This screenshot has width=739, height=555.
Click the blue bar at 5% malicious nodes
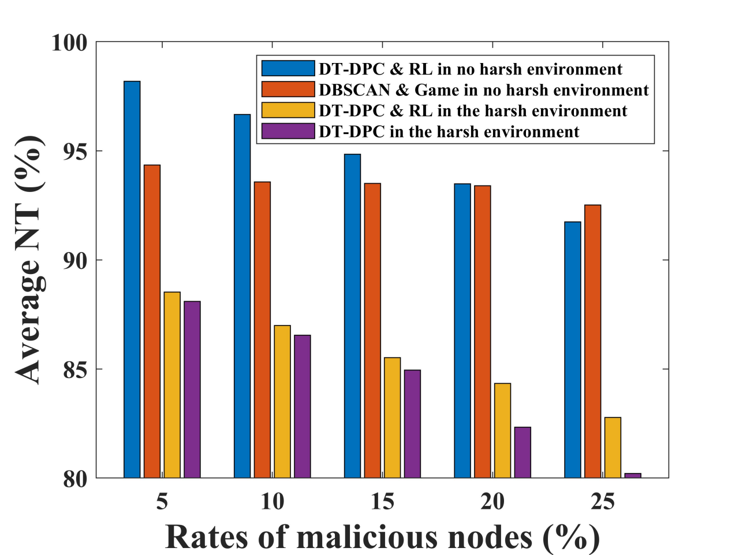click(132, 280)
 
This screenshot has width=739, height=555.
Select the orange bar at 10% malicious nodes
click(262, 330)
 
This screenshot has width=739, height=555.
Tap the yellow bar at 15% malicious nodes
click(392, 417)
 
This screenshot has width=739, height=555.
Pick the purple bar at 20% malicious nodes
click(522, 452)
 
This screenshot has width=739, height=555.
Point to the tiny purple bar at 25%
click(633, 475)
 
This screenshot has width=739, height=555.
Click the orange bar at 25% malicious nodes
click(592, 341)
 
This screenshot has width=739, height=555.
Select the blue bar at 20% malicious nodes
click(462, 331)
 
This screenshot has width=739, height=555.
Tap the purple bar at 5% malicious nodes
click(192, 390)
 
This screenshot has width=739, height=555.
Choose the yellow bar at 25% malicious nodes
click(613, 447)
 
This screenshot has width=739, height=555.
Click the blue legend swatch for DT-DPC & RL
click(288, 69)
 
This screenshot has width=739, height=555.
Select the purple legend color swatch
click(288, 131)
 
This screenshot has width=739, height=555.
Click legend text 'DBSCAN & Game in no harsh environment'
click(484, 90)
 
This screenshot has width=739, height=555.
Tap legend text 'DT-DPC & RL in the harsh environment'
click(473, 111)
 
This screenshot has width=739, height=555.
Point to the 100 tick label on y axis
click(69, 43)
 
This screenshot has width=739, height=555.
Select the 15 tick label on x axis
click(382, 502)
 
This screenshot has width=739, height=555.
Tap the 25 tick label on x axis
click(602, 502)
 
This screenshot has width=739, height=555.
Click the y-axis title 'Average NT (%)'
click(29, 260)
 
